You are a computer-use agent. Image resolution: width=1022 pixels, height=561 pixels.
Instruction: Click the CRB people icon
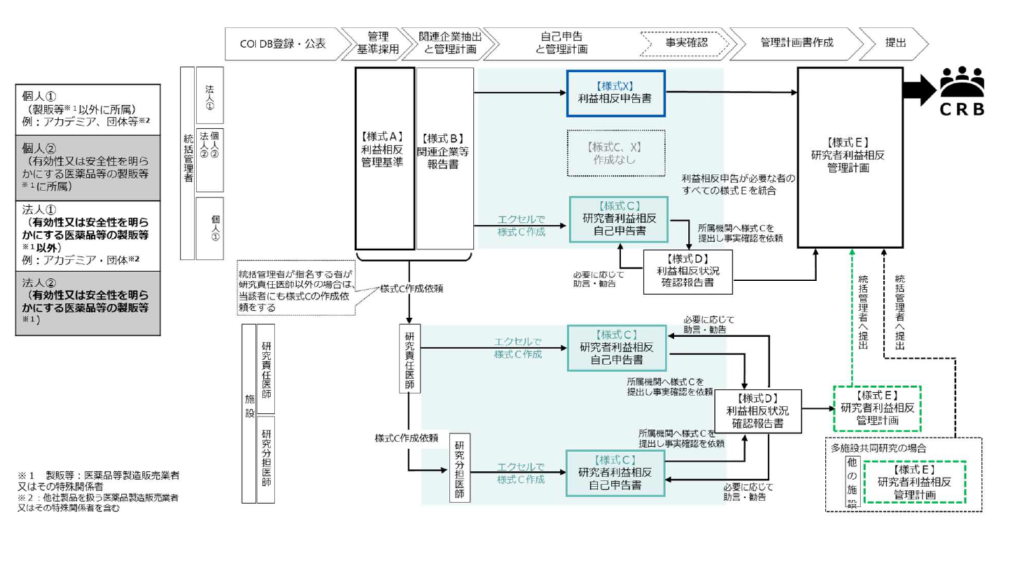[961, 79]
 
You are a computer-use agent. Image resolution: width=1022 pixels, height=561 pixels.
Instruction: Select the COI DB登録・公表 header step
[282, 43]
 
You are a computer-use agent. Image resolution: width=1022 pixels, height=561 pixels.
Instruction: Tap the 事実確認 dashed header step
[686, 43]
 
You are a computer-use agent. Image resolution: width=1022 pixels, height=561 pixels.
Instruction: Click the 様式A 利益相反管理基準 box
[384, 158]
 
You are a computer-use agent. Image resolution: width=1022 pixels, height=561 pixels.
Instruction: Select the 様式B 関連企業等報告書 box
[445, 158]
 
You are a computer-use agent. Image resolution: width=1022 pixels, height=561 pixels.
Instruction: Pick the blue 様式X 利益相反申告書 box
[615, 93]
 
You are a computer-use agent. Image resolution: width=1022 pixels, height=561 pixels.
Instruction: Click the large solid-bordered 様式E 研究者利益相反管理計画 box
[849, 156]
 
